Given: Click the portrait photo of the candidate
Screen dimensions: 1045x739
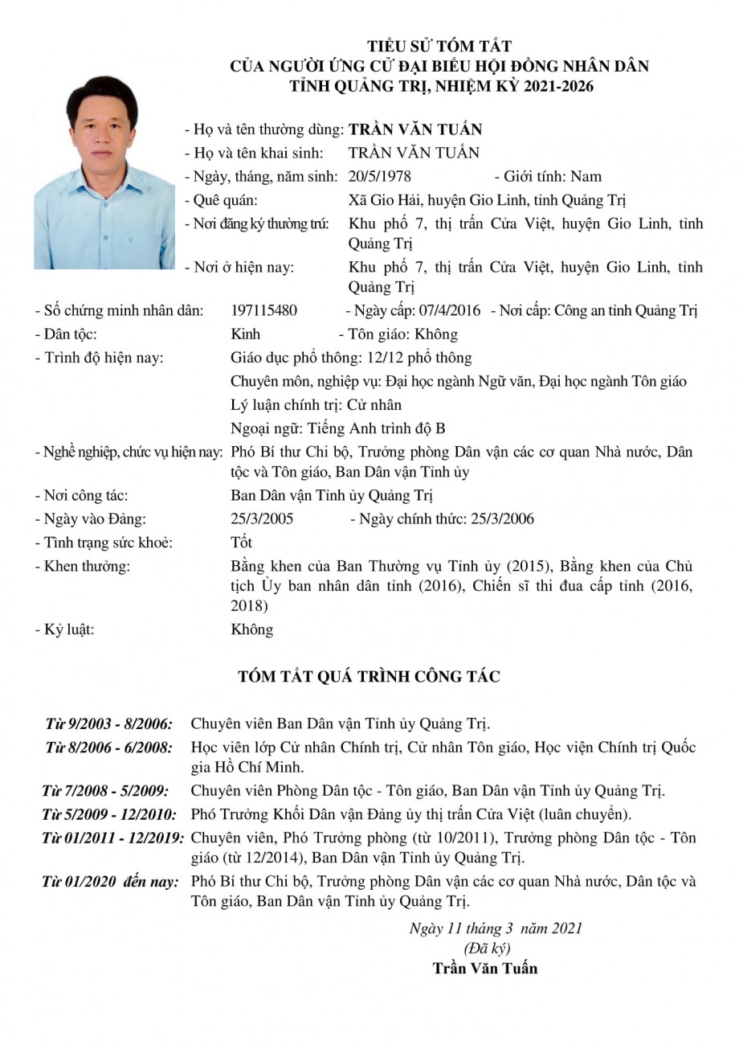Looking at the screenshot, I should [104, 172].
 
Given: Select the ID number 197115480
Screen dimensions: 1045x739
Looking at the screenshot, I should [263, 310].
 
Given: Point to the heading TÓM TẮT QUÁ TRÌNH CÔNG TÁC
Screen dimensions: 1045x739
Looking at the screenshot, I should [369, 677].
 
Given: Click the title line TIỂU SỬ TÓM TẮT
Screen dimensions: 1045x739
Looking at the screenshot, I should [439, 47].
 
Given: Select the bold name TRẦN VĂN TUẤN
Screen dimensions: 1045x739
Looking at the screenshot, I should [415, 129].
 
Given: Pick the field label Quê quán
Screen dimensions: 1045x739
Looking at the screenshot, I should [226, 200].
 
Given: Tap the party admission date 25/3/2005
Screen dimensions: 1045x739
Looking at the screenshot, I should [262, 519].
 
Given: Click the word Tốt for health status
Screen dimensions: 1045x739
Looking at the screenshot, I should [241, 543].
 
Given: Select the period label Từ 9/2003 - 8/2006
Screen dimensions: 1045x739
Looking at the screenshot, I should [108, 723].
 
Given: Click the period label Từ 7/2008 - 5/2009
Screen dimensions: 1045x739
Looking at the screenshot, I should [105, 791].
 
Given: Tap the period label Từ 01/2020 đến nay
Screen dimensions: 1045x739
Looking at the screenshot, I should [110, 882].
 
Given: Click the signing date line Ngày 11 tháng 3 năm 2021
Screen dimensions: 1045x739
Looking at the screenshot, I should [495, 928].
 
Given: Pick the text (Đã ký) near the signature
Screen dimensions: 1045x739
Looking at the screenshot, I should [488, 948].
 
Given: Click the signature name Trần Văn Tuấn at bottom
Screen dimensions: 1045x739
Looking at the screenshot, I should [485, 968].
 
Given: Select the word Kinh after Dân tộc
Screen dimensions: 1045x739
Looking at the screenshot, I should [245, 334].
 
